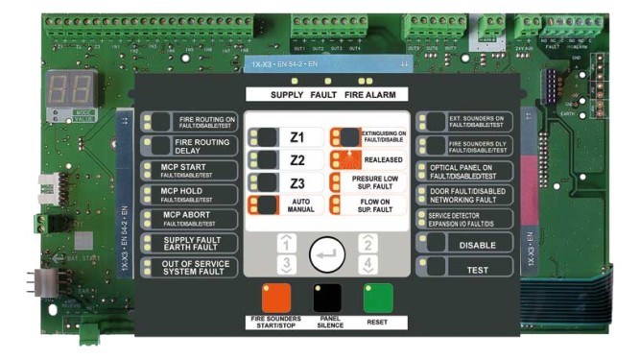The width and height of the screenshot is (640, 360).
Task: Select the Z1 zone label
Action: click(x=297, y=137)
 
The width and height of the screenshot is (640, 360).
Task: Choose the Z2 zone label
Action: click(x=297, y=159)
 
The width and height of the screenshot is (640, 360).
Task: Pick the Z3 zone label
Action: click(x=297, y=181)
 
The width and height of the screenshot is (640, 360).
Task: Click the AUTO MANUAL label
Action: click(x=300, y=204)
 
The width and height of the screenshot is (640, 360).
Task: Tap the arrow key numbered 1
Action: click(x=283, y=244)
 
